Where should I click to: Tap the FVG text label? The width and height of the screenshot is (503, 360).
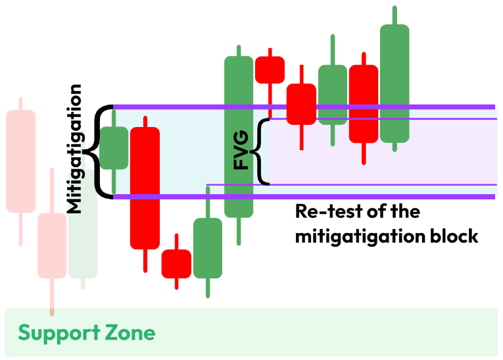click(241, 151)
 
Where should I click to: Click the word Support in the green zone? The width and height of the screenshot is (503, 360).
click(59, 332)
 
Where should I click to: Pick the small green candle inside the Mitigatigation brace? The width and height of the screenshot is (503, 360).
click(114, 147)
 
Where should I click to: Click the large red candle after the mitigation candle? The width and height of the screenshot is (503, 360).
click(145, 188)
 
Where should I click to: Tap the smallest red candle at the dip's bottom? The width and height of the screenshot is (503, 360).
click(176, 263)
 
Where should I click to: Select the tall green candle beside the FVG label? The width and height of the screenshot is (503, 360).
click(239, 136)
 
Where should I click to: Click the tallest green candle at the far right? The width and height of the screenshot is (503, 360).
click(395, 84)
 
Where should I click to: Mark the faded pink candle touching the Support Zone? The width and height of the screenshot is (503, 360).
click(52, 245)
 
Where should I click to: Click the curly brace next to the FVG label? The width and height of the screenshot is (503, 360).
click(263, 151)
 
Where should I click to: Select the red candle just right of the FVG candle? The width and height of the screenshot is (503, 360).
click(270, 70)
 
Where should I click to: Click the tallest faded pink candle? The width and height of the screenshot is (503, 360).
click(20, 161)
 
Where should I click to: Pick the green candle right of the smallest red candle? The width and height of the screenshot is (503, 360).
click(208, 248)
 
